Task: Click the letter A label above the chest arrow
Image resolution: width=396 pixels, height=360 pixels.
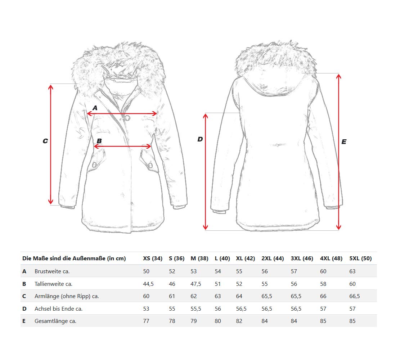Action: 95,108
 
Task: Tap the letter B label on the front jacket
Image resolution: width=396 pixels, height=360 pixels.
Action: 99,141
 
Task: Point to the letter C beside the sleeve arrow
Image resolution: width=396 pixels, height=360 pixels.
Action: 45,141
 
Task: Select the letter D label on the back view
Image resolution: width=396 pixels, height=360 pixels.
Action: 200,139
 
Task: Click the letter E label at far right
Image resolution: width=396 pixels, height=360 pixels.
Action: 344,142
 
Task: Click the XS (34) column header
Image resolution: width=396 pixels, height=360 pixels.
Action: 153,258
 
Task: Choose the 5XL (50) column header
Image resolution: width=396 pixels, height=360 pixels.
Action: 360,258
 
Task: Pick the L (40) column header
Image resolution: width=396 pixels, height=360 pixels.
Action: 222,258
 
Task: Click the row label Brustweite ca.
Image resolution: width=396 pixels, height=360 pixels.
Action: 52,271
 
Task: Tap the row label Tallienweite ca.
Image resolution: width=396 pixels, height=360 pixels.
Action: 53,284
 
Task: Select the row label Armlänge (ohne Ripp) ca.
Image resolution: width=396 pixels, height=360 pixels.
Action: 67,296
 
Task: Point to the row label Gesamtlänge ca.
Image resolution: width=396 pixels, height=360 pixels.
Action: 55,321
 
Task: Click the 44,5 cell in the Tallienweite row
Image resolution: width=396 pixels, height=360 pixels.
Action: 148,284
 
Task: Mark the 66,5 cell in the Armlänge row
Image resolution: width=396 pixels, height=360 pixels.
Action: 355,296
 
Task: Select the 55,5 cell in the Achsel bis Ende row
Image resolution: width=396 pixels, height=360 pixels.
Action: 196,309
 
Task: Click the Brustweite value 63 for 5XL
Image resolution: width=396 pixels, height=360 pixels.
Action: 352,271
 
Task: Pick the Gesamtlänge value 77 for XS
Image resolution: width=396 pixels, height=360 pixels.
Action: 146,321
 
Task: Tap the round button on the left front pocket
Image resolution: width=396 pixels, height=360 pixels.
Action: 94,165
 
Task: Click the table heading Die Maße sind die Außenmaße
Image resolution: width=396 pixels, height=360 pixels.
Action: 74,258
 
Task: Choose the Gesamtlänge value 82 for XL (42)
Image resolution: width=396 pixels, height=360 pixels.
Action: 239,321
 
